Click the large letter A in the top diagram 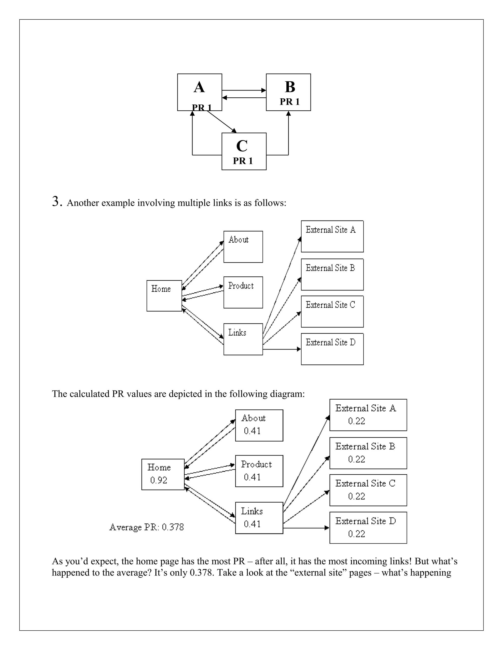[x=199, y=87]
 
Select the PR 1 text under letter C [x=243, y=161]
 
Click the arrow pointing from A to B [x=244, y=90]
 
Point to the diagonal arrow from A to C [x=221, y=121]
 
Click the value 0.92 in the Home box [x=158, y=480]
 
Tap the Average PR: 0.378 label [x=147, y=527]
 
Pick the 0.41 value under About [x=252, y=431]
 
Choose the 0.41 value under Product [x=252, y=477]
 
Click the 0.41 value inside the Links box [x=252, y=524]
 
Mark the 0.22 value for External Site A [x=356, y=421]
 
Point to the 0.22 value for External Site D [x=356, y=534]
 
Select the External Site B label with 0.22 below [x=365, y=446]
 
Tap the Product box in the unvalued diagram [x=243, y=292]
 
